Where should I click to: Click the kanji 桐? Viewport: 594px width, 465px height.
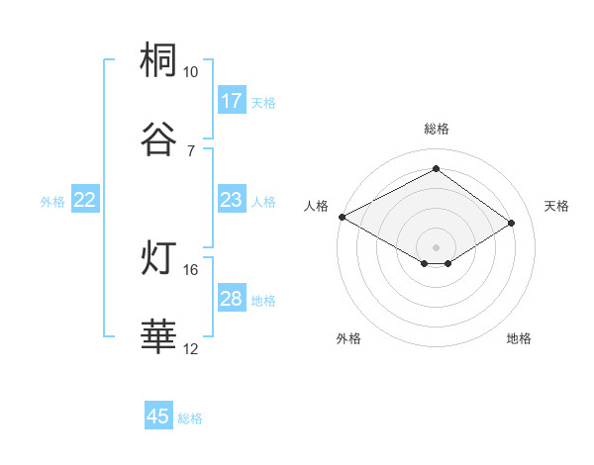[x=159, y=61]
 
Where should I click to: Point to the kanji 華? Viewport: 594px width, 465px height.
[x=159, y=337]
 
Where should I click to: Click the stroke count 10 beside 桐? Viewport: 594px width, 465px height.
[x=190, y=72]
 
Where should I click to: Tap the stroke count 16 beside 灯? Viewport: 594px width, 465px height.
[x=190, y=269]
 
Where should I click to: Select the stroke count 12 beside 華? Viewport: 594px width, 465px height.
[x=190, y=348]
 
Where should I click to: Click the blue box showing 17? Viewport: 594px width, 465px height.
[x=232, y=101]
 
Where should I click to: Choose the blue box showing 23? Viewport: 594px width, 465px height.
[x=232, y=201]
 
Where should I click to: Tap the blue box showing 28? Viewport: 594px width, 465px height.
[x=232, y=300]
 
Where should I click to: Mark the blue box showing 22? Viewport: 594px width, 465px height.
[x=85, y=201]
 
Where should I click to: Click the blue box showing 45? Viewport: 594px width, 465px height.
[x=158, y=418]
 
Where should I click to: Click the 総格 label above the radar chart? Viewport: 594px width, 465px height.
[x=437, y=129]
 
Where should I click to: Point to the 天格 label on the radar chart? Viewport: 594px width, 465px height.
[x=556, y=206]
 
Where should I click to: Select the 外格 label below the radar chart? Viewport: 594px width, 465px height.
[x=348, y=338]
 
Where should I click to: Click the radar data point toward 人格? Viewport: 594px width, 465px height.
[x=342, y=217]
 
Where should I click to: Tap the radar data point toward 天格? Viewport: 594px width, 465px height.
[x=512, y=224]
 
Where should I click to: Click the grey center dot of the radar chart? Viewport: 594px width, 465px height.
[x=437, y=246]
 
